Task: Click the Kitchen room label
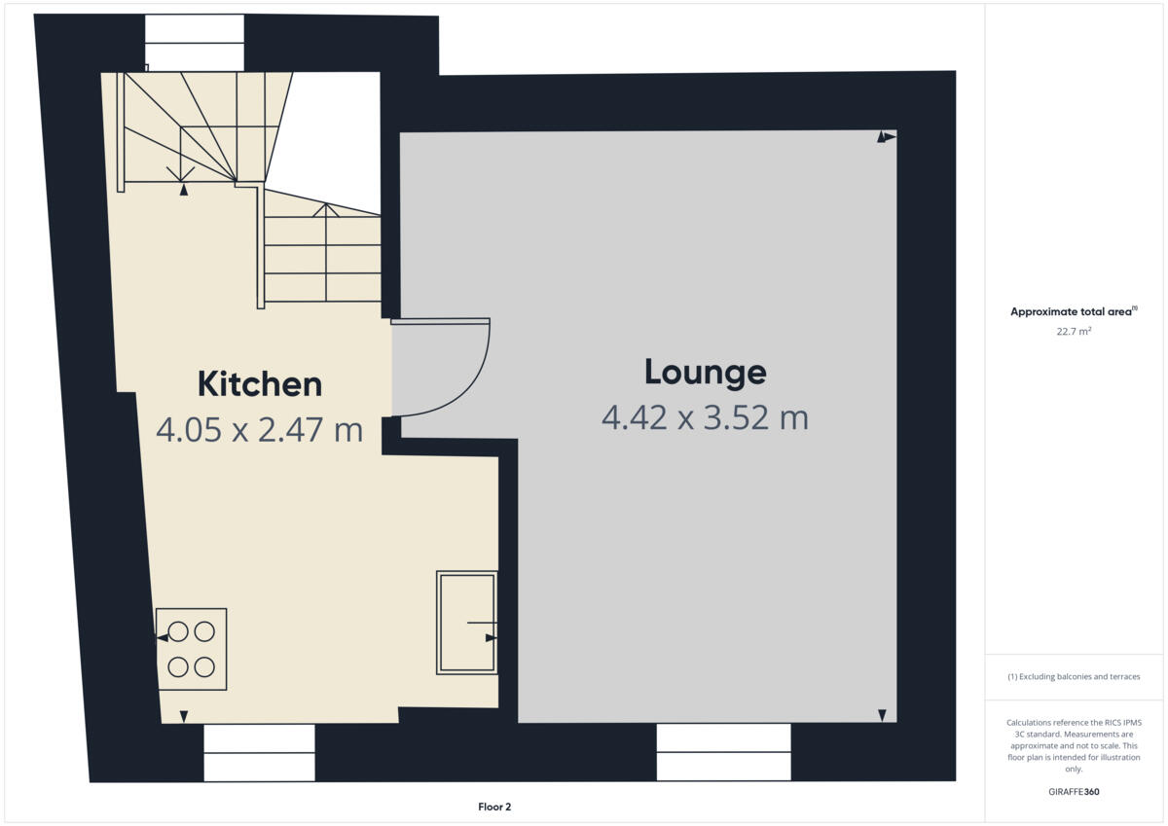pos(259,383)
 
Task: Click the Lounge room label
pos(705,372)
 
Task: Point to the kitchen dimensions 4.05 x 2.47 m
pos(259,429)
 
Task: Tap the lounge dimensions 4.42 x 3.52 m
pos(705,417)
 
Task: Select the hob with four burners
pos(191,649)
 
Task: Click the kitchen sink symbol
pos(466,622)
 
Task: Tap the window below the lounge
pos(723,751)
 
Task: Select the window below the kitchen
pos(259,752)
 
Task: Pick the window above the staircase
pos(194,42)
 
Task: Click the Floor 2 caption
pos(494,807)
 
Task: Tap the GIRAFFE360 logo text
pos(1074,792)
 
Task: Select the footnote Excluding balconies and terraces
pos(1074,676)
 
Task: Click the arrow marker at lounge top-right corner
pos(885,137)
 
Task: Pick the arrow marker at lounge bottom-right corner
pos(882,715)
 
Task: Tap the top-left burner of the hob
pos(178,631)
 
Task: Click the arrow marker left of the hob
pos(163,637)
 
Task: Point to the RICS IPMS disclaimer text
pos(1074,745)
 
